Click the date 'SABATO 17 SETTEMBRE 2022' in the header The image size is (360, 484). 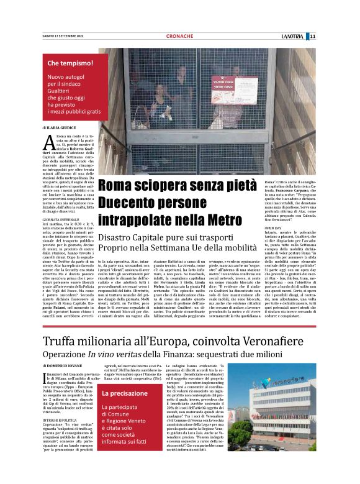(x=61, y=36)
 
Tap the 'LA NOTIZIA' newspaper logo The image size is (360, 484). (x=290, y=36)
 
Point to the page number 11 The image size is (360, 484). (x=313, y=36)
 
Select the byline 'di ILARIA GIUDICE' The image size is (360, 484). (x=61, y=127)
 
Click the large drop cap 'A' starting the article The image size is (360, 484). (x=50, y=142)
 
